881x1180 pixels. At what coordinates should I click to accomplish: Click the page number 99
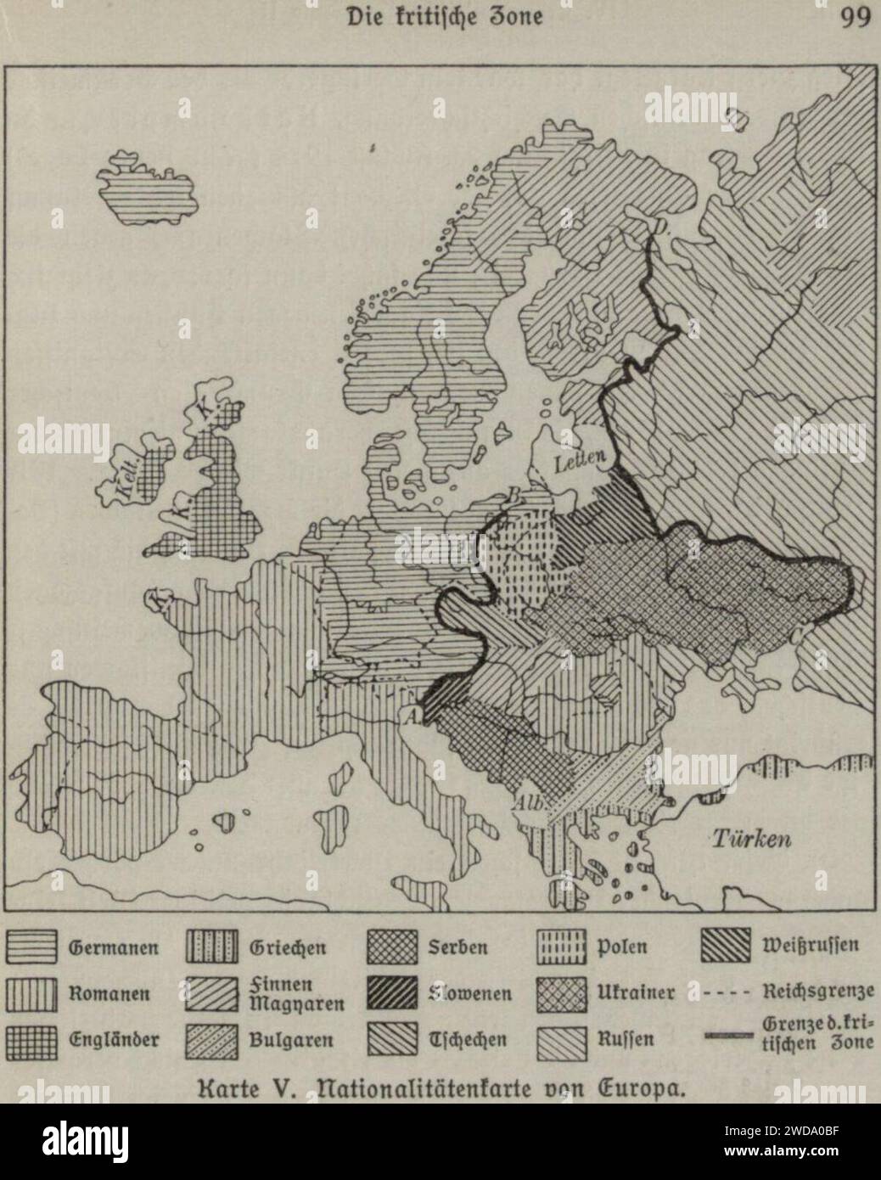click(x=851, y=18)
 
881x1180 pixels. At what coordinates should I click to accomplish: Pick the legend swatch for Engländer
click(x=31, y=1037)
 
